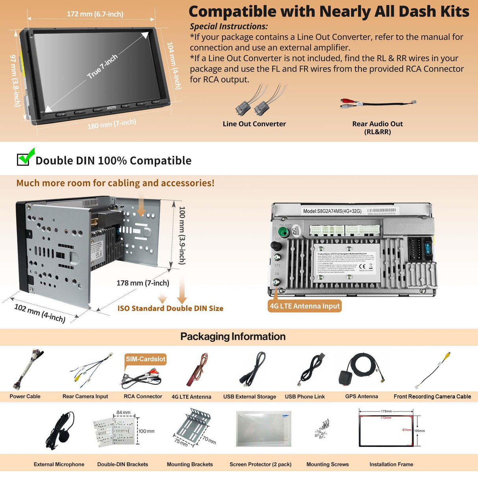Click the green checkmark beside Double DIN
[26, 157]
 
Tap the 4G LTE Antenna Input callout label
[304, 306]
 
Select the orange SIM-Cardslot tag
[145, 359]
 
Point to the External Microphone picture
[60, 431]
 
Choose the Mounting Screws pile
[322, 429]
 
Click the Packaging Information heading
[233, 337]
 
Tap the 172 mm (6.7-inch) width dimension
[95, 14]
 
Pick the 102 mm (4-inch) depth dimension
[40, 313]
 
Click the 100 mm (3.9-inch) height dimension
[182, 235]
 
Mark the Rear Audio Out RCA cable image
[378, 104]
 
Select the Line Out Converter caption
[254, 124]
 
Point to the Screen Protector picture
[263, 428]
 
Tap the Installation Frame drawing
[386, 428]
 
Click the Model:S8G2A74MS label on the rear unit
[332, 211]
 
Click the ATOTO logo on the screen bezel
[111, 107]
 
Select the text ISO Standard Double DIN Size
[170, 308]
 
